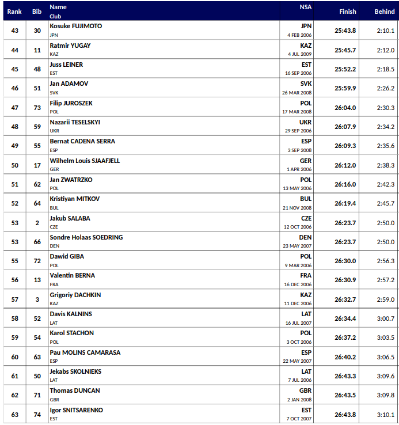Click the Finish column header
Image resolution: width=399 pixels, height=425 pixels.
[347, 12]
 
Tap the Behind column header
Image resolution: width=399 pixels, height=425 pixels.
[385, 12]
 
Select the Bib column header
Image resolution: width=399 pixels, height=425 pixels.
[37, 12]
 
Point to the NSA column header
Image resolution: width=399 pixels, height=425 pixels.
[305, 7]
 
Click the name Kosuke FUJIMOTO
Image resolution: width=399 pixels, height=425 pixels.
[75, 26]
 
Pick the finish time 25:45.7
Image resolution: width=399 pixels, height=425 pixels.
[345, 50]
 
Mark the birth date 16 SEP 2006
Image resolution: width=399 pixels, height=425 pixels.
[298, 73]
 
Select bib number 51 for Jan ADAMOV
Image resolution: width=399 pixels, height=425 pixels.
[37, 89]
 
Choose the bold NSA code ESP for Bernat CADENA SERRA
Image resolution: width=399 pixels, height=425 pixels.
[306, 141]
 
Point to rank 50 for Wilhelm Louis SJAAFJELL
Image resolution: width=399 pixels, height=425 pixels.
[15, 165]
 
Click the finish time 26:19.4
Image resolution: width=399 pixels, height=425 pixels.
[345, 203]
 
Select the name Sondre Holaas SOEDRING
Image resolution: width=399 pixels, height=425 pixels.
[86, 237]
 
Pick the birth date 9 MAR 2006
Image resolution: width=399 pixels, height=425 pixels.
[299, 265]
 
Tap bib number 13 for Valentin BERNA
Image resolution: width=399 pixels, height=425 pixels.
[37, 280]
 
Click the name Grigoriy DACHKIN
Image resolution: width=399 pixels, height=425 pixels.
[75, 295]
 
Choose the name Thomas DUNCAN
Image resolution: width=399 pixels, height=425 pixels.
[74, 390]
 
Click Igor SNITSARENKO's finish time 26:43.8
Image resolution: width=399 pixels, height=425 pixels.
[345, 415]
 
